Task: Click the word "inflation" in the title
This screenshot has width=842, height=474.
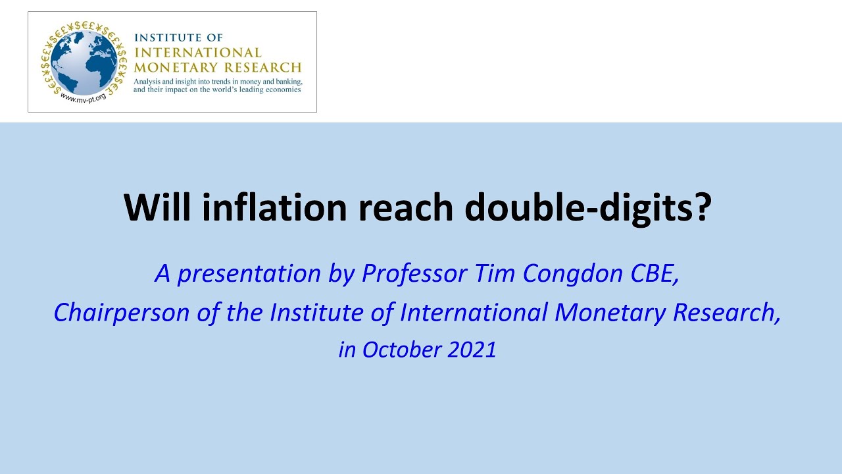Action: (276, 207)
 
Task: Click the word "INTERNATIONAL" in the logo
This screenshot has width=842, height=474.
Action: (197, 53)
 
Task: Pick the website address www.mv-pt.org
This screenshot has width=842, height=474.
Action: (83, 99)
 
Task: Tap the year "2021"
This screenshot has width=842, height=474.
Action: (472, 350)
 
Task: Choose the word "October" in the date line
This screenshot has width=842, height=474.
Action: (401, 350)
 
